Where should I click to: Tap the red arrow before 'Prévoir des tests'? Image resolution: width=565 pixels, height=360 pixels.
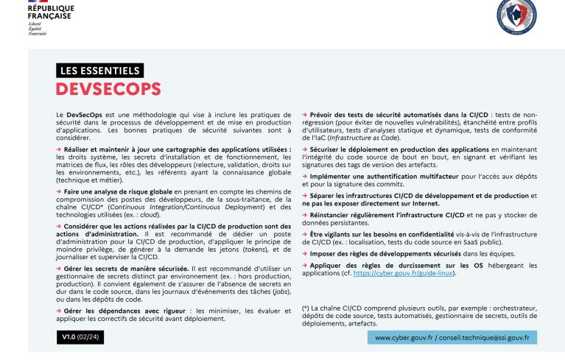click(x=304, y=116)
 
